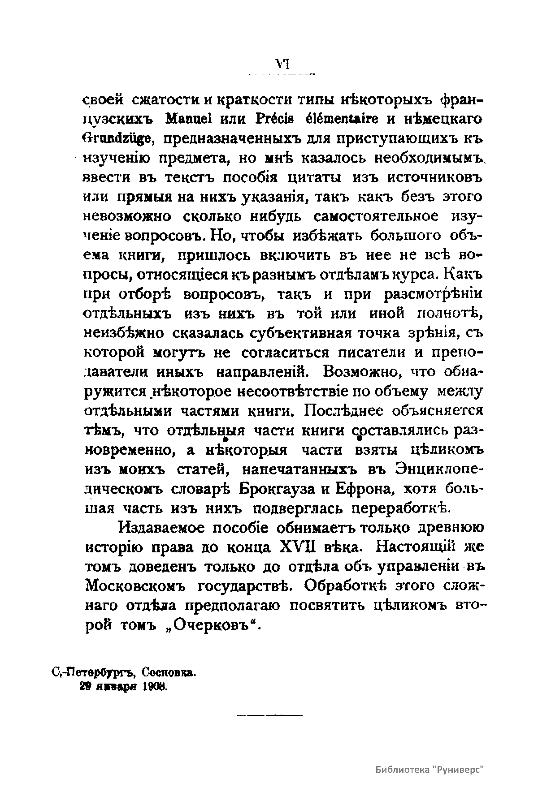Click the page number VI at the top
pos(282,64)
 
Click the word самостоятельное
pos(375,216)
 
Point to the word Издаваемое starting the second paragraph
pos(161,528)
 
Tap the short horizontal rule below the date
pos(269,715)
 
